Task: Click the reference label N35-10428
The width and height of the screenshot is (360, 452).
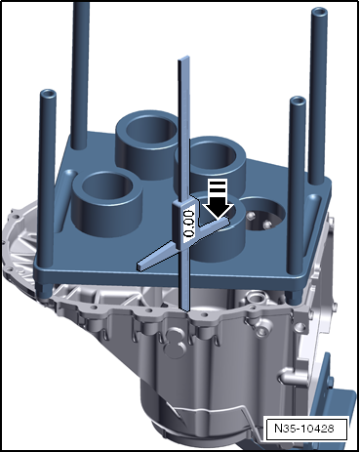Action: tap(304, 428)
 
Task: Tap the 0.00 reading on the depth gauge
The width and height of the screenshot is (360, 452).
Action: tap(189, 224)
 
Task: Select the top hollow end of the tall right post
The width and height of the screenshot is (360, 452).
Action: tap(319, 13)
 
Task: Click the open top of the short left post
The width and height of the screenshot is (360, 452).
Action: tap(48, 95)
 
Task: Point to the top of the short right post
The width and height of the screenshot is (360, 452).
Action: tap(298, 102)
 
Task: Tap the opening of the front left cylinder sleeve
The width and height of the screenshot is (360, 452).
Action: tap(107, 187)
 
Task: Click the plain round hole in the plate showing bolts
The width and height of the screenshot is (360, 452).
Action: tap(264, 216)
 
